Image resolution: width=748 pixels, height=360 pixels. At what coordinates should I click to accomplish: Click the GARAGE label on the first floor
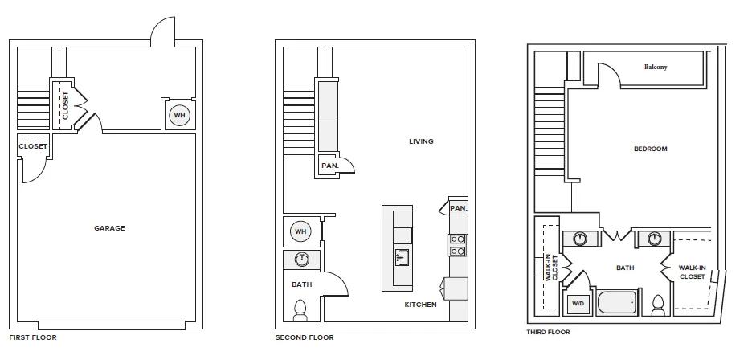(109, 228)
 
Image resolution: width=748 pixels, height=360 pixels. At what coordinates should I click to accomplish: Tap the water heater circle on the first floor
(179, 116)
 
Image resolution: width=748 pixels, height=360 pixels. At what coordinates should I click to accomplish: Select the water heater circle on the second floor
(300, 231)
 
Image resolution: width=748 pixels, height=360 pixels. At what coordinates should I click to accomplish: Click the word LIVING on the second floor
(421, 141)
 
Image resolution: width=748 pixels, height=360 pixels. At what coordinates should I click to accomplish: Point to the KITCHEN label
(420, 305)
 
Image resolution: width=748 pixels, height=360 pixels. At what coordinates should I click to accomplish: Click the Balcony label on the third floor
(656, 67)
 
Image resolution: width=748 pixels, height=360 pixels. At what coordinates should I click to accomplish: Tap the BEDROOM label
(650, 149)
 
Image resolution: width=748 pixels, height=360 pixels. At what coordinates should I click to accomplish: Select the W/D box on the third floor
(577, 303)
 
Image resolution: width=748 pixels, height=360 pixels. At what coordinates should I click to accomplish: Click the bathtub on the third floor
(617, 302)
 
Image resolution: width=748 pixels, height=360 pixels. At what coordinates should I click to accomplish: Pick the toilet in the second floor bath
(300, 310)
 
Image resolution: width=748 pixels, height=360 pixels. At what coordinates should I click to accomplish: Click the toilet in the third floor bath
(658, 305)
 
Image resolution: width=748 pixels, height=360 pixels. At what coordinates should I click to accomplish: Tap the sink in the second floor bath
(301, 260)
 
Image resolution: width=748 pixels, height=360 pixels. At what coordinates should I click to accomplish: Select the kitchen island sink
(401, 258)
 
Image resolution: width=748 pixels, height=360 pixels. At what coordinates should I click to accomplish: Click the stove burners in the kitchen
(457, 245)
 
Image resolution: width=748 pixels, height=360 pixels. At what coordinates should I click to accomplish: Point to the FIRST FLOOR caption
(33, 337)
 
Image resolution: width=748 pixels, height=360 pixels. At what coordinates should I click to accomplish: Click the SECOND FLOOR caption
(305, 337)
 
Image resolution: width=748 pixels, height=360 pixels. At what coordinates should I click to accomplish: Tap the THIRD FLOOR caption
(548, 332)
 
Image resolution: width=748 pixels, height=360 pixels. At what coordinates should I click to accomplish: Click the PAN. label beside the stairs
(330, 166)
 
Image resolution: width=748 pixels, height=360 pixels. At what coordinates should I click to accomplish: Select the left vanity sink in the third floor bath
(580, 239)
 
